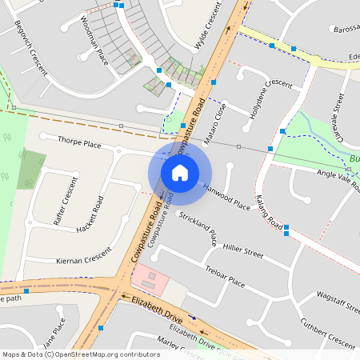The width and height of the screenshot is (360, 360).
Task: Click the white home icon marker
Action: [x=180, y=172]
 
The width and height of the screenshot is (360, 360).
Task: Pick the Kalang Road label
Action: [x=271, y=210]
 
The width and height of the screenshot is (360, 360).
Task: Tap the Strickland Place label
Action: [x=198, y=229]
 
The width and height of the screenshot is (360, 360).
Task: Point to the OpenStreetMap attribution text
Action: [x=81, y=354]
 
